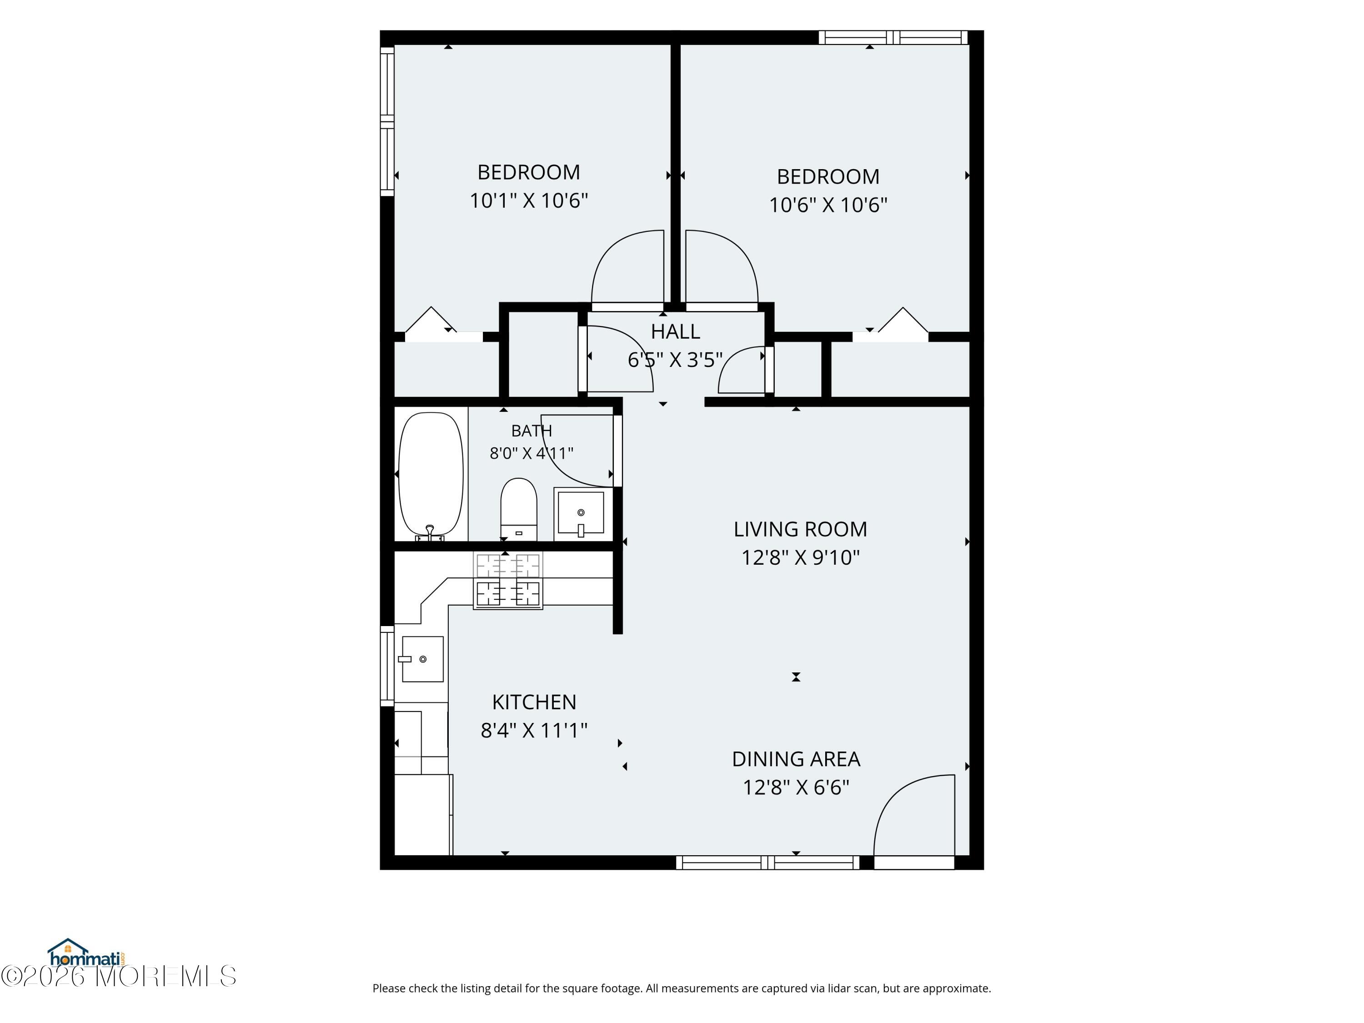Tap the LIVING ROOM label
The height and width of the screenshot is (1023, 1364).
800,529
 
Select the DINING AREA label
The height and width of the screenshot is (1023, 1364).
796,759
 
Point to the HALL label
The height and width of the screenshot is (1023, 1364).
675,332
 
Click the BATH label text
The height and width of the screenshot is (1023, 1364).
532,431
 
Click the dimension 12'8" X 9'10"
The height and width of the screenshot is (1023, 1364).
800,557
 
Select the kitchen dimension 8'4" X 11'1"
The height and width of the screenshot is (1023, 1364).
534,731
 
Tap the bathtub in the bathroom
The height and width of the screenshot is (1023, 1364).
431,476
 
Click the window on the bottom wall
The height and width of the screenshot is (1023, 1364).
768,862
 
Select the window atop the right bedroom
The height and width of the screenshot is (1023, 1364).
893,38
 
